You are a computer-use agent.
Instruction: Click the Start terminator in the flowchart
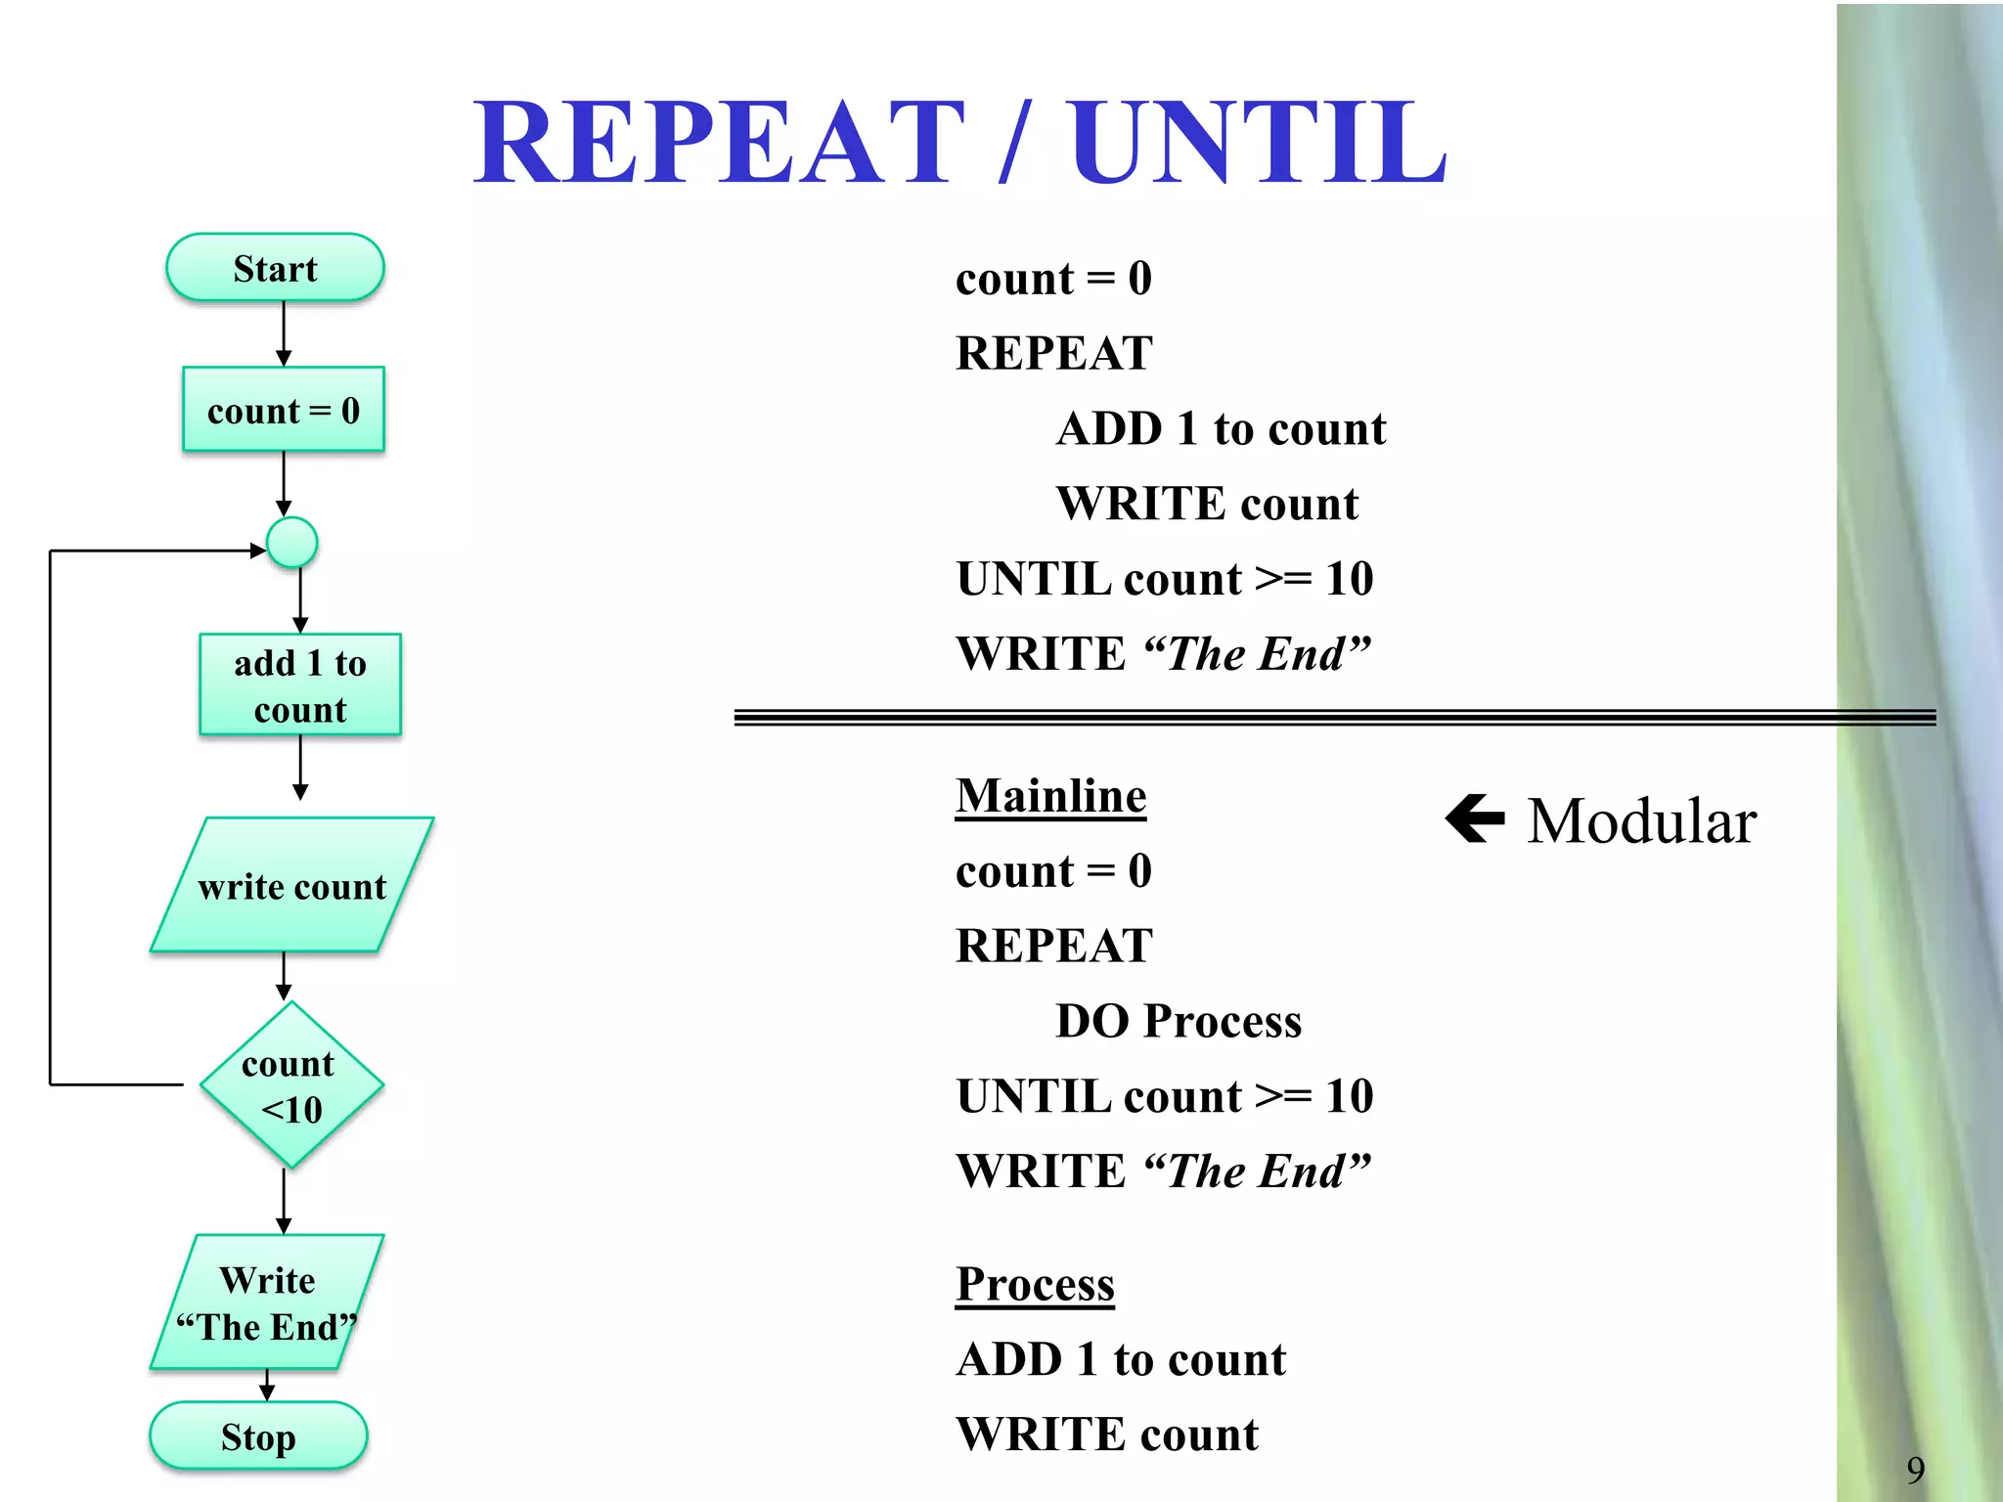click(x=275, y=268)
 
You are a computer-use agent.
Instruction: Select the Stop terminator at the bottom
click(x=258, y=1436)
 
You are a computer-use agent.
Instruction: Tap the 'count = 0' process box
click(x=284, y=410)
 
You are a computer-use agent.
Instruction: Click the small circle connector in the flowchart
click(x=292, y=543)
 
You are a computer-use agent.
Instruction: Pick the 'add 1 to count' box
click(x=300, y=685)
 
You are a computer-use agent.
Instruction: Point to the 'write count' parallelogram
click(x=291, y=886)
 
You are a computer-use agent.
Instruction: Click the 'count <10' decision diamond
click(x=290, y=1084)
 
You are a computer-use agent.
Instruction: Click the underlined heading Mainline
click(x=1050, y=796)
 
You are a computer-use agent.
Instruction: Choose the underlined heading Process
click(x=1035, y=1284)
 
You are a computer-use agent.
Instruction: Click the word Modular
click(x=1642, y=820)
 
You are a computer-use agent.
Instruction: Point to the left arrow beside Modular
click(x=1475, y=818)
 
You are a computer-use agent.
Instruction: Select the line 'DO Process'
click(x=1179, y=1021)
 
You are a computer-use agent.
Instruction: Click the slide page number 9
click(x=1915, y=1469)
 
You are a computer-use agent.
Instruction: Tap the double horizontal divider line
click(x=1271, y=718)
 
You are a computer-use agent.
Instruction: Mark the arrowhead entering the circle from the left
click(x=258, y=551)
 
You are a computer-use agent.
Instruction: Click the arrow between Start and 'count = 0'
click(x=284, y=333)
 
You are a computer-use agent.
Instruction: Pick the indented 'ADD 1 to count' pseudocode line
click(x=1221, y=428)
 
